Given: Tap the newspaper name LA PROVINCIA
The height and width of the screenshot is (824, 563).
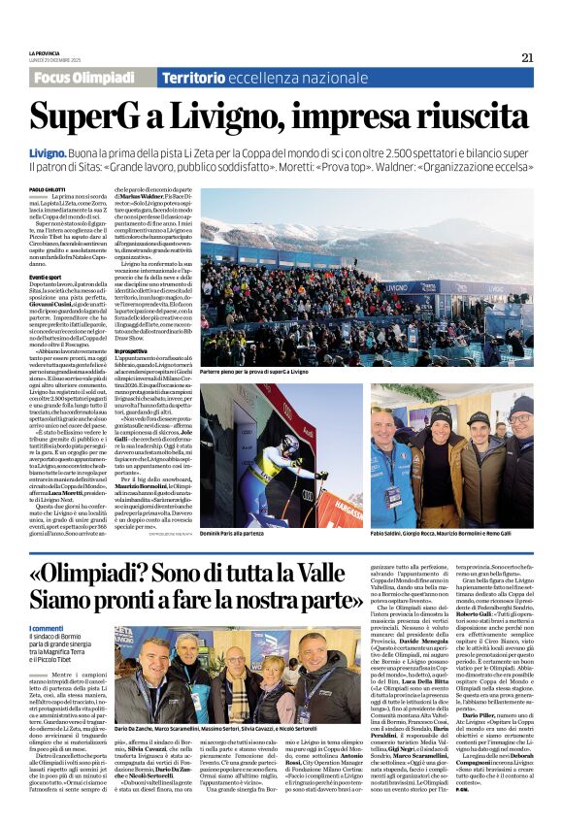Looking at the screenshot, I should point(48,53).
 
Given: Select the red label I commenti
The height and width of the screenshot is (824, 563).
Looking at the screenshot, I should point(48,628).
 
